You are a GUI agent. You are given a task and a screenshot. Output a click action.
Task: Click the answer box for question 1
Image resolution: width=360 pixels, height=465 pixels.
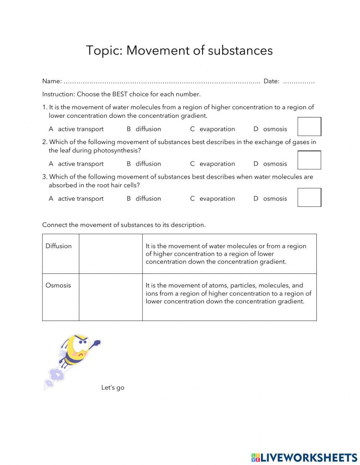[x=309, y=126]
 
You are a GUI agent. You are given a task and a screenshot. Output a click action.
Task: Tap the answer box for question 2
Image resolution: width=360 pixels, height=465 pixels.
[x=309, y=160]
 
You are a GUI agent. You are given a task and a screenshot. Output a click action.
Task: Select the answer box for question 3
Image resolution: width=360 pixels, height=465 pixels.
[x=309, y=197]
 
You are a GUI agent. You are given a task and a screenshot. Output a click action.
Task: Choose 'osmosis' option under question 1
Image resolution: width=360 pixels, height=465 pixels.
[x=275, y=129]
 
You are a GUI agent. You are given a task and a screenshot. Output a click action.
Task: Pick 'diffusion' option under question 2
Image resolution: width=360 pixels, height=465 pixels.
[x=148, y=164]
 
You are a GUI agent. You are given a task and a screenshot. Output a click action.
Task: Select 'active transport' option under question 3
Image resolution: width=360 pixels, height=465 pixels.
[x=81, y=198]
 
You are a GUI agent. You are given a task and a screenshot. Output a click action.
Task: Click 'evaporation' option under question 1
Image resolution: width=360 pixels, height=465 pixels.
[x=217, y=129]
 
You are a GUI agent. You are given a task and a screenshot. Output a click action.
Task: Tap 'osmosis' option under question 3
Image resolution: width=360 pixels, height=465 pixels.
[x=275, y=198]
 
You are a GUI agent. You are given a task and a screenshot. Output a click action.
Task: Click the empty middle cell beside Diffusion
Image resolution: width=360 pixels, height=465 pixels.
[x=111, y=254]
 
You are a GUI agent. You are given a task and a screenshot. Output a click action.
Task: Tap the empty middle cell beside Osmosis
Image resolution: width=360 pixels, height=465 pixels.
[x=111, y=297]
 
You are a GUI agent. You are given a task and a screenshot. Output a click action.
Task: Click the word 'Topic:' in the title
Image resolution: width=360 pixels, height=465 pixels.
[x=104, y=50]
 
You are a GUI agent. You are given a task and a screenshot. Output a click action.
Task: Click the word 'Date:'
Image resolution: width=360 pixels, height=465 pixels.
[x=271, y=81]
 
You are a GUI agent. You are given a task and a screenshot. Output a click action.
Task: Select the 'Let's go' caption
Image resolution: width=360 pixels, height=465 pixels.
[x=113, y=388]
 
